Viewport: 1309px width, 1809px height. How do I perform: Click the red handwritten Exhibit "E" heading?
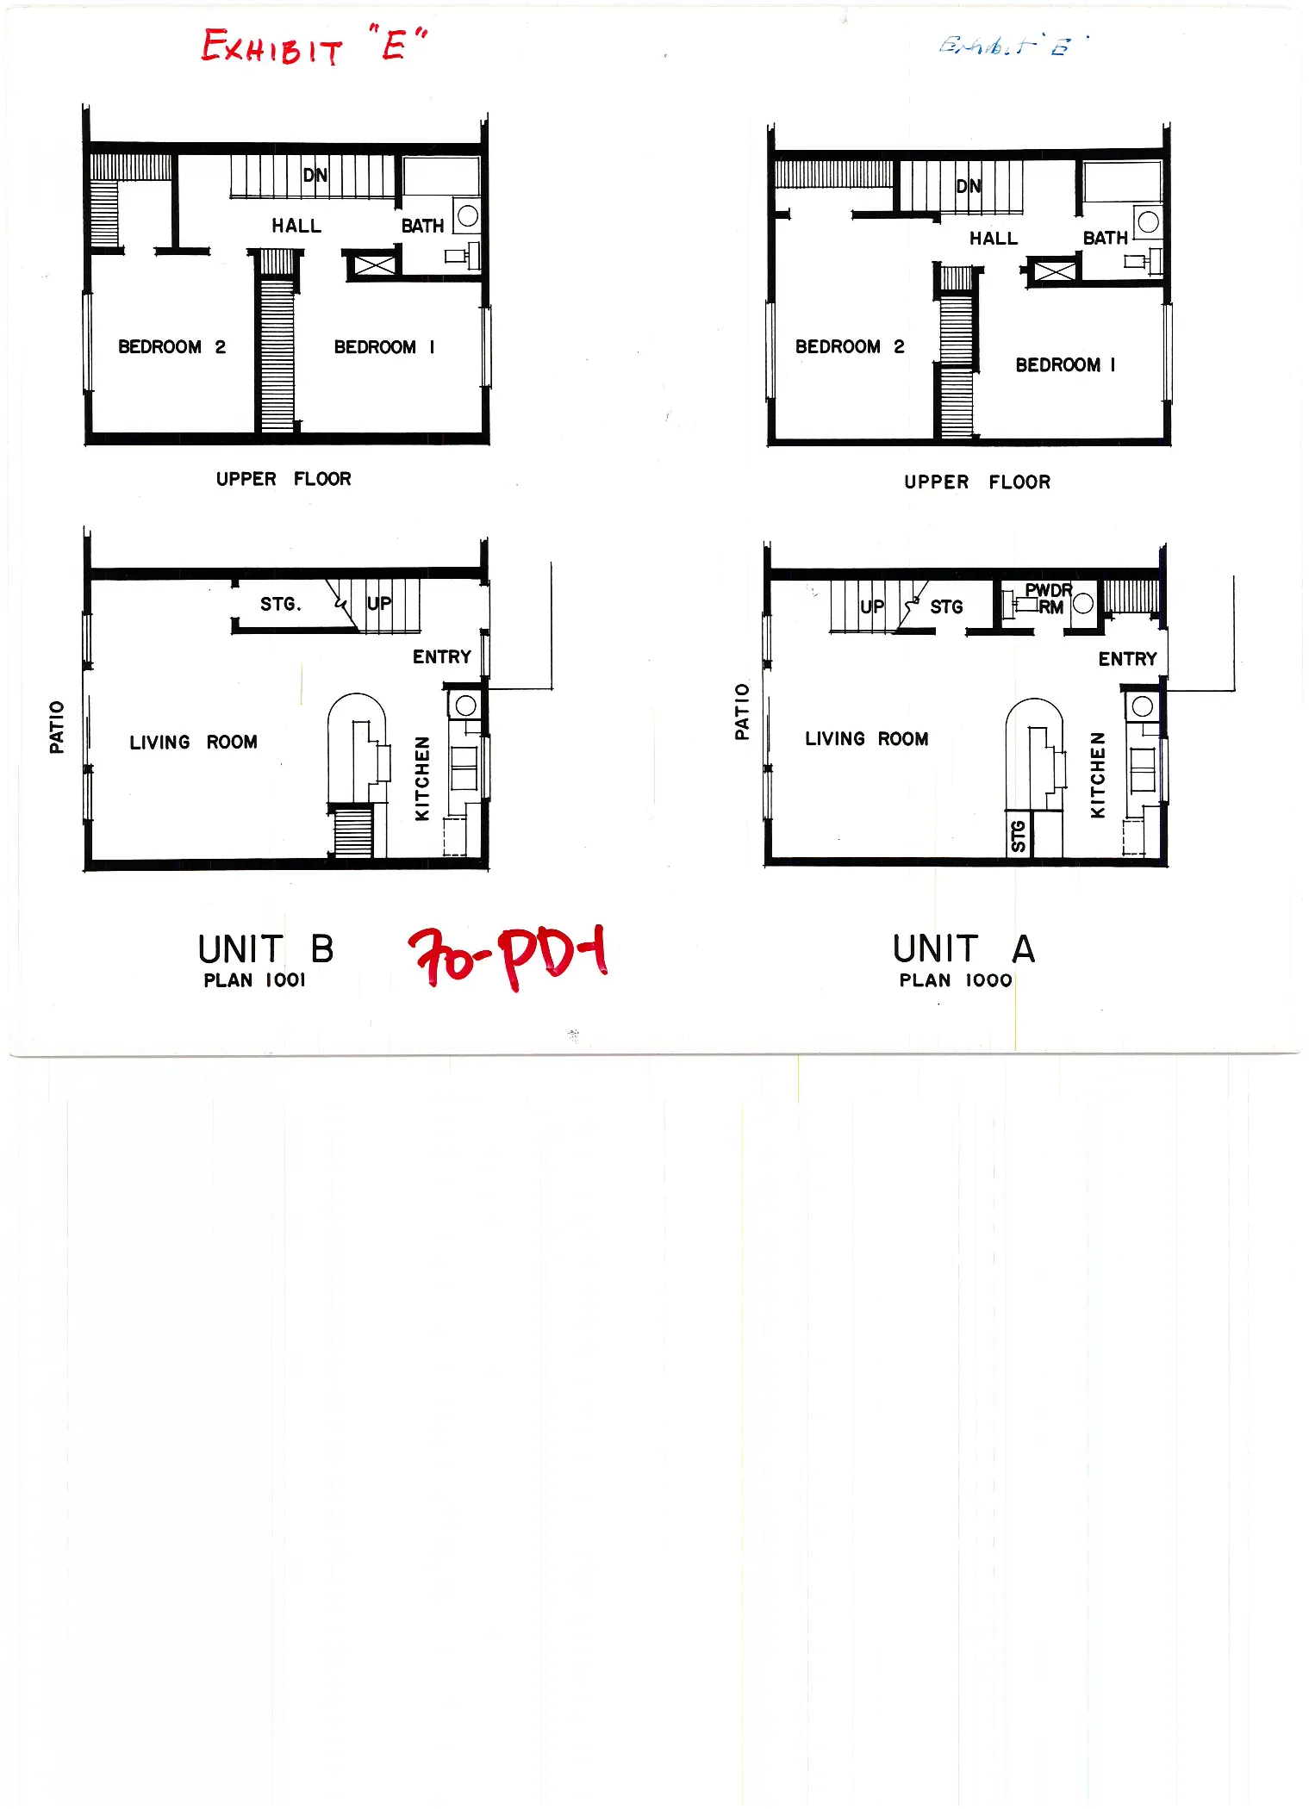pyautogui.click(x=313, y=46)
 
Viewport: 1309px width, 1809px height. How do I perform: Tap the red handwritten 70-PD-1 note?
pyautogui.click(x=508, y=956)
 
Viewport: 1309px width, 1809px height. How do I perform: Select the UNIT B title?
pyautogui.click(x=265, y=949)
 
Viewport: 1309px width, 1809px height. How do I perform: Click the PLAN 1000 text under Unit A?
pyautogui.click(x=955, y=980)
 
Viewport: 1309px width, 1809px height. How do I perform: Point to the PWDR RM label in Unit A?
pyautogui.click(x=1049, y=598)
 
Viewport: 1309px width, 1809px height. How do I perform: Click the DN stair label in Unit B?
pyautogui.click(x=315, y=175)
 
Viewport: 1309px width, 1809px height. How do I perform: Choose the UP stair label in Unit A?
pyautogui.click(x=872, y=606)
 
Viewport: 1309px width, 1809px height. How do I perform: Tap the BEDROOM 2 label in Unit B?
pyautogui.click(x=171, y=346)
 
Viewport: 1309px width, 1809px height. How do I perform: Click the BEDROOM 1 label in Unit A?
pyautogui.click(x=1065, y=364)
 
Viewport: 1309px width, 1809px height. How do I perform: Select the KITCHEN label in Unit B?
pyautogui.click(x=421, y=778)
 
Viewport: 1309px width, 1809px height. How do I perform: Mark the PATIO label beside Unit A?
pyautogui.click(x=742, y=712)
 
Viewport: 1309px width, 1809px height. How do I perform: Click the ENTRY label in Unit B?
pyautogui.click(x=441, y=656)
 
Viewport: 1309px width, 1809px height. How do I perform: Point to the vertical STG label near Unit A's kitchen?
pyautogui.click(x=1019, y=836)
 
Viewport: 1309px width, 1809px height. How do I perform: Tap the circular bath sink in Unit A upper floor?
pyautogui.click(x=1148, y=222)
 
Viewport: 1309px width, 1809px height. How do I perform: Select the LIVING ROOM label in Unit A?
pyautogui.click(x=866, y=738)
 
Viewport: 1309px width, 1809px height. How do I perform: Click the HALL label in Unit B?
pyautogui.click(x=296, y=226)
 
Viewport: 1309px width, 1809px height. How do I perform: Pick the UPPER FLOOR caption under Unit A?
pyautogui.click(x=976, y=482)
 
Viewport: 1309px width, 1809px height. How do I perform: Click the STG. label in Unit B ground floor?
pyautogui.click(x=281, y=604)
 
